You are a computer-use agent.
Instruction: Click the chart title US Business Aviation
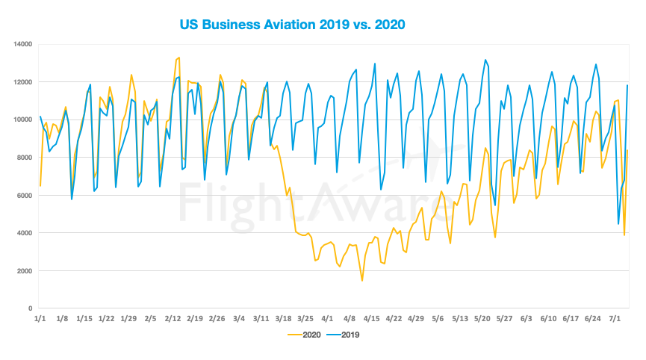[292, 25]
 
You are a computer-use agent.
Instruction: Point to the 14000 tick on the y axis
[22, 44]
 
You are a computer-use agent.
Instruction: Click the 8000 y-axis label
[24, 158]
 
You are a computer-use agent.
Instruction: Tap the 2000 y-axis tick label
[24, 271]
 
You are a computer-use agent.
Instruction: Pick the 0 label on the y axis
[29, 308]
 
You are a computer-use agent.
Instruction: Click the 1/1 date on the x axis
[40, 318]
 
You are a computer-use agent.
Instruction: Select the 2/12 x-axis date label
[173, 318]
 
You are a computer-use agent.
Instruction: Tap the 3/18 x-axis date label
[283, 318]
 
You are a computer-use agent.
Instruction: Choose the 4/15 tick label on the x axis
[372, 318]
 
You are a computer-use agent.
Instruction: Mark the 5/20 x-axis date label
[482, 318]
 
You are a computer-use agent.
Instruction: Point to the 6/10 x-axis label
[549, 318]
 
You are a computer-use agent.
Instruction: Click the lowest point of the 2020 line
[362, 281]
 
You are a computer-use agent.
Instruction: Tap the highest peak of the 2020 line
[178, 58]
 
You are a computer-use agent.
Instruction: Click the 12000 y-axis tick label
[22, 82]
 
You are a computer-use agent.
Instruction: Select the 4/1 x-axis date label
[327, 318]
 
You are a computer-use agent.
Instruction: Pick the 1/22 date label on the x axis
[107, 318]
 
